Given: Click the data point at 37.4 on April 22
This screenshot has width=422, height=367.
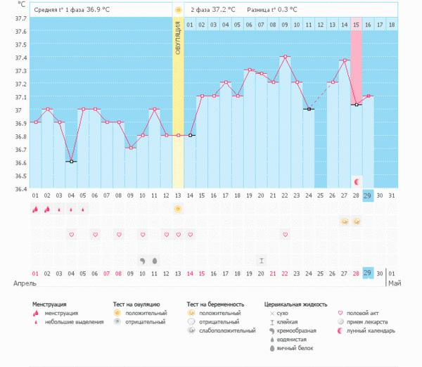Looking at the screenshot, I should coord(285,56).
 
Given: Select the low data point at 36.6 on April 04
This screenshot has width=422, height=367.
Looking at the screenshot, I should coord(71,162).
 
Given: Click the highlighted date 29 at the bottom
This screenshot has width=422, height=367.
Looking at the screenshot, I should coord(367,273).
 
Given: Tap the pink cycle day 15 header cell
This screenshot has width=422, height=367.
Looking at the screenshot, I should coord(356,25).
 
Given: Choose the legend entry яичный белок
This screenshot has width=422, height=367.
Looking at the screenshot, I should coord(296,347).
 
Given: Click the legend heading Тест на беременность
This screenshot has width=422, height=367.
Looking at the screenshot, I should coord(218,304).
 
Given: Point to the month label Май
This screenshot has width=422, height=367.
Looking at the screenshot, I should coord(395,283).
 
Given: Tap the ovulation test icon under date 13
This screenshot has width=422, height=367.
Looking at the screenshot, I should coord(178,209).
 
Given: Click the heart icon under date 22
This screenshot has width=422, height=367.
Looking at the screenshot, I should coord(285,234).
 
